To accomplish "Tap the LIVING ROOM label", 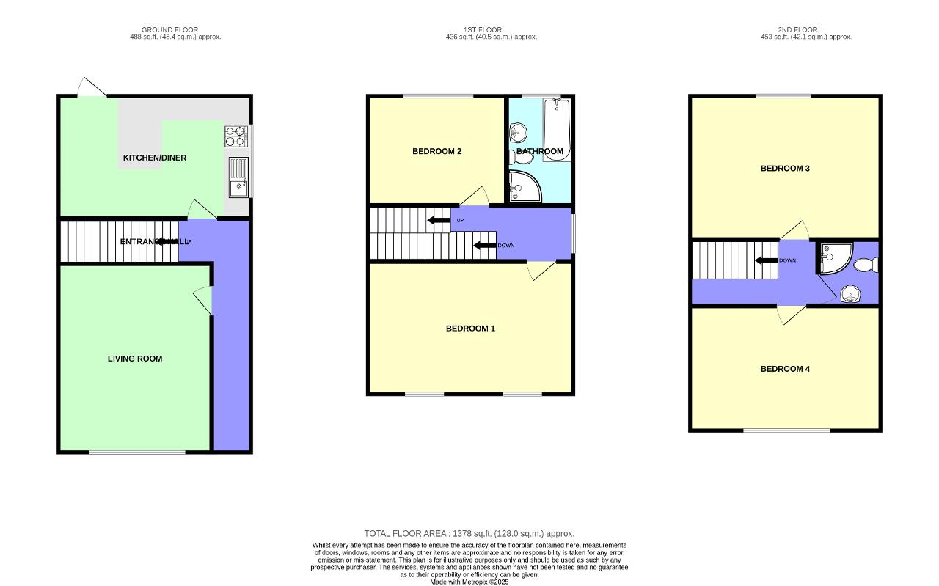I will pos(135,359).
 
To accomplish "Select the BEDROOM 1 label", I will pos(470,329).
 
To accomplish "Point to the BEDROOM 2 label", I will pos(436,152).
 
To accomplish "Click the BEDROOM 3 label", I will pos(785,169).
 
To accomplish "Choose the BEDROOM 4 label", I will pos(785,369).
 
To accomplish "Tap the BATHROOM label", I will pos(540,152).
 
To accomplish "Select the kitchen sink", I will pos(239,178).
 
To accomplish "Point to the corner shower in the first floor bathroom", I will pos(523,186).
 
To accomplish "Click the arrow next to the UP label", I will pos(439,220).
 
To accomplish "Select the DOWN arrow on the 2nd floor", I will pos(767,260).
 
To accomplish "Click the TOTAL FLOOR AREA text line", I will pos(469,534).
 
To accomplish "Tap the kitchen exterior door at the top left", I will pos(92,88).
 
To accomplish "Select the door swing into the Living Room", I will pos(203,301).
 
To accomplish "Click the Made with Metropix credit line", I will pos(469,582).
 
